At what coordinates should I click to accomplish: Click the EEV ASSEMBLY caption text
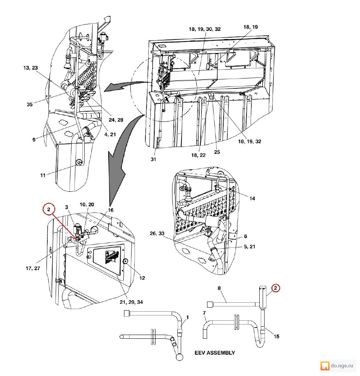click(x=215, y=353)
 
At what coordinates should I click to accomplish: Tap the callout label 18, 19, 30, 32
click(x=205, y=29)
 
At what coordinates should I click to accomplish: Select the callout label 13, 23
click(x=30, y=68)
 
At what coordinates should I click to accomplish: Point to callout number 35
click(x=29, y=104)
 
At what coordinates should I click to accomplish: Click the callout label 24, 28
click(x=116, y=120)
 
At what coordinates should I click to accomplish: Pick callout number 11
click(x=43, y=175)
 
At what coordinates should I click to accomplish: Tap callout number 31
click(x=153, y=159)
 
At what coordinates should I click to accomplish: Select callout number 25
click(x=217, y=152)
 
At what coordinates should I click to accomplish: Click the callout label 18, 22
click(x=198, y=155)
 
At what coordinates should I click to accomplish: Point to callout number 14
click(x=252, y=198)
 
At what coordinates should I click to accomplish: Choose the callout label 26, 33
click(x=157, y=233)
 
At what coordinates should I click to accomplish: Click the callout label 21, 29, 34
click(x=132, y=302)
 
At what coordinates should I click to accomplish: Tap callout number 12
click(x=142, y=278)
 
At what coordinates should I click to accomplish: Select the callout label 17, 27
click(x=33, y=268)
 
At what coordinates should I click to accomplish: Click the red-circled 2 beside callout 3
click(x=48, y=209)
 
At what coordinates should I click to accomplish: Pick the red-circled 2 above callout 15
click(x=275, y=288)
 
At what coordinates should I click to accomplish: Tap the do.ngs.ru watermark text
click(x=342, y=365)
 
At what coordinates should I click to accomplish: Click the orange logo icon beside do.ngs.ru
click(x=325, y=366)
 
